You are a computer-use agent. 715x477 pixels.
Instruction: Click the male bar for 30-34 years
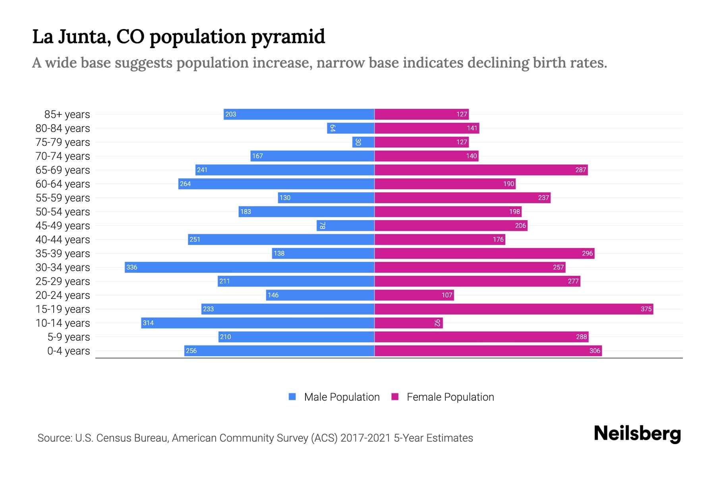coord(249,267)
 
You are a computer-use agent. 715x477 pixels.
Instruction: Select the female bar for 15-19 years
coord(514,309)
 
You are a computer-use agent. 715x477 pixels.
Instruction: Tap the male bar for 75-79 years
coord(363,142)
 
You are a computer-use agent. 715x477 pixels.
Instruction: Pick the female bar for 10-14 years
coord(408,323)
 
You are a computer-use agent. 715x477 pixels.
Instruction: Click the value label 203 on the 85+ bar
coord(231,114)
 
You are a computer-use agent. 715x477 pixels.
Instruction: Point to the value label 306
coord(595,351)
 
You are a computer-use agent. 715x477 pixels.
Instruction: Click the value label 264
coord(186,184)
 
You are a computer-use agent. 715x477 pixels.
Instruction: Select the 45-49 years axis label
coord(63,226)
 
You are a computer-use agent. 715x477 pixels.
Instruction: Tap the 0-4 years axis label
coord(68,351)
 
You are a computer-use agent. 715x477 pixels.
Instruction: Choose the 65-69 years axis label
coord(63,170)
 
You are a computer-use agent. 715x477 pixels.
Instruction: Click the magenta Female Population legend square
coord(395,397)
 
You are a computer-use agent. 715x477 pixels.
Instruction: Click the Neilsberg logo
coord(637,434)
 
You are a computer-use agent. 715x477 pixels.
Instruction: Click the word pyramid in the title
coord(288,37)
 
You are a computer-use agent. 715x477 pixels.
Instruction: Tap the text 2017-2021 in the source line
coord(365,438)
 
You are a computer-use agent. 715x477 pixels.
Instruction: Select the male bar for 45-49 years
coord(346,225)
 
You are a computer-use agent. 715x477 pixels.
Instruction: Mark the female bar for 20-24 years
coord(414,295)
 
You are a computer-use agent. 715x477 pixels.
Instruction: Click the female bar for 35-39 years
coord(484,253)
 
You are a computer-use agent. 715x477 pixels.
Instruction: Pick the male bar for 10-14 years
coord(258,323)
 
